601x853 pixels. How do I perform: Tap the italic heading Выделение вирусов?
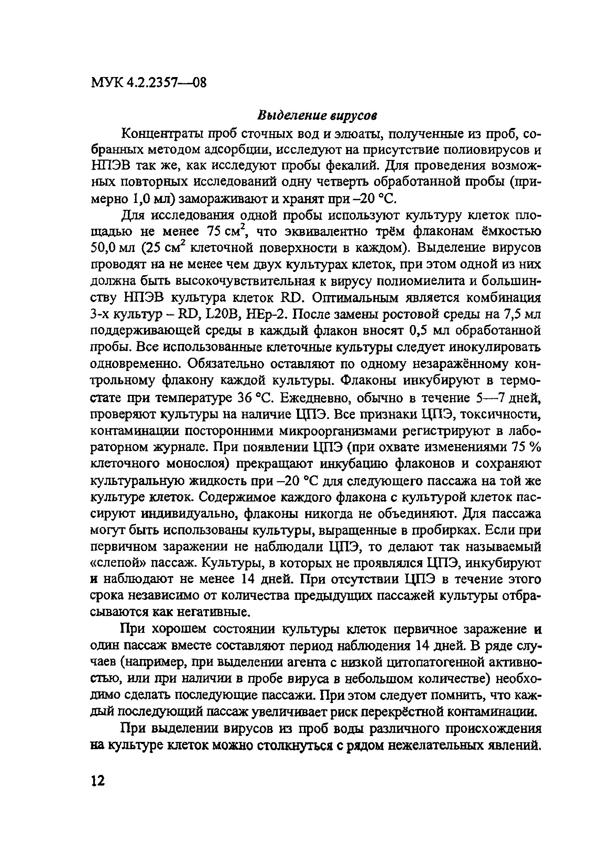318,116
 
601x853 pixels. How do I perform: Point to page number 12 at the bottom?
98,780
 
